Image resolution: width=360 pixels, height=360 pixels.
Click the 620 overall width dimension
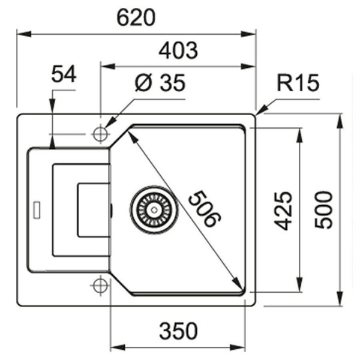tap(136, 19)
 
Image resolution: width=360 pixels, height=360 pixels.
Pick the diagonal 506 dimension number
tap(202, 208)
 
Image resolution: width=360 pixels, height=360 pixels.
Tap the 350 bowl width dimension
tap(178, 330)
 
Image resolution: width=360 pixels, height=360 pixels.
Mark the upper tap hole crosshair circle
tap(100, 134)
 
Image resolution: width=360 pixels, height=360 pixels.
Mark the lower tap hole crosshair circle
tap(100, 286)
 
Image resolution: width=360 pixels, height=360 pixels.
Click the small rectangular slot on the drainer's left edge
tap(37, 209)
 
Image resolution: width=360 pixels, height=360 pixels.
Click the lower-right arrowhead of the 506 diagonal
tap(239, 286)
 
